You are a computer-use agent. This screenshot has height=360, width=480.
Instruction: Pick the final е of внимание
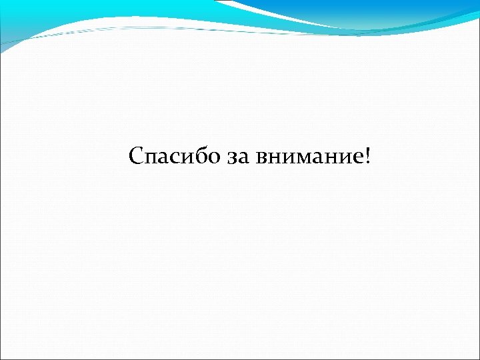pyautogui.click(x=353, y=159)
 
